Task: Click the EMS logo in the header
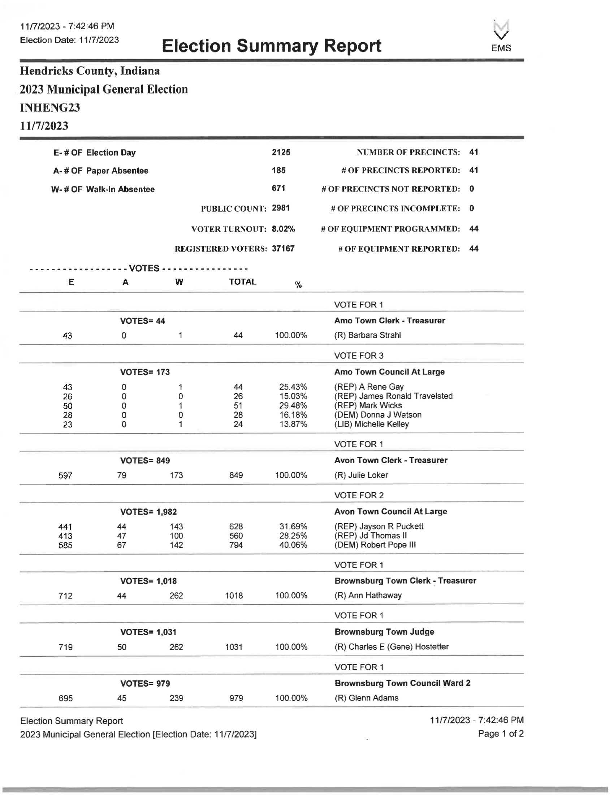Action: (x=501, y=37)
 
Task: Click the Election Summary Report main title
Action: (x=271, y=46)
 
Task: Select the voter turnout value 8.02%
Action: (x=284, y=229)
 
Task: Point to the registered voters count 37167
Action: (x=283, y=249)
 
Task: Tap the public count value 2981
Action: (x=281, y=208)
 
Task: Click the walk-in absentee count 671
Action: (x=278, y=189)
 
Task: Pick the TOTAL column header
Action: (x=243, y=282)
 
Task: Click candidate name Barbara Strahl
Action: (x=374, y=335)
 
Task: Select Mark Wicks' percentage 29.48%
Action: (x=293, y=405)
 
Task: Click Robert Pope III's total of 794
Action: (x=236, y=545)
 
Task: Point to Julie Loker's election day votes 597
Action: (x=65, y=476)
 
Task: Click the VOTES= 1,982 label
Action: (x=148, y=512)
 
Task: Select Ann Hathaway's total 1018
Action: (x=234, y=596)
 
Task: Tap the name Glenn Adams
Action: (x=373, y=698)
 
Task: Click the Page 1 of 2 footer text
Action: (x=501, y=734)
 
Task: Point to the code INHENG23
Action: (x=50, y=108)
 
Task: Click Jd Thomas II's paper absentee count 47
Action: (x=121, y=536)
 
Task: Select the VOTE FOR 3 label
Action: (x=359, y=356)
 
